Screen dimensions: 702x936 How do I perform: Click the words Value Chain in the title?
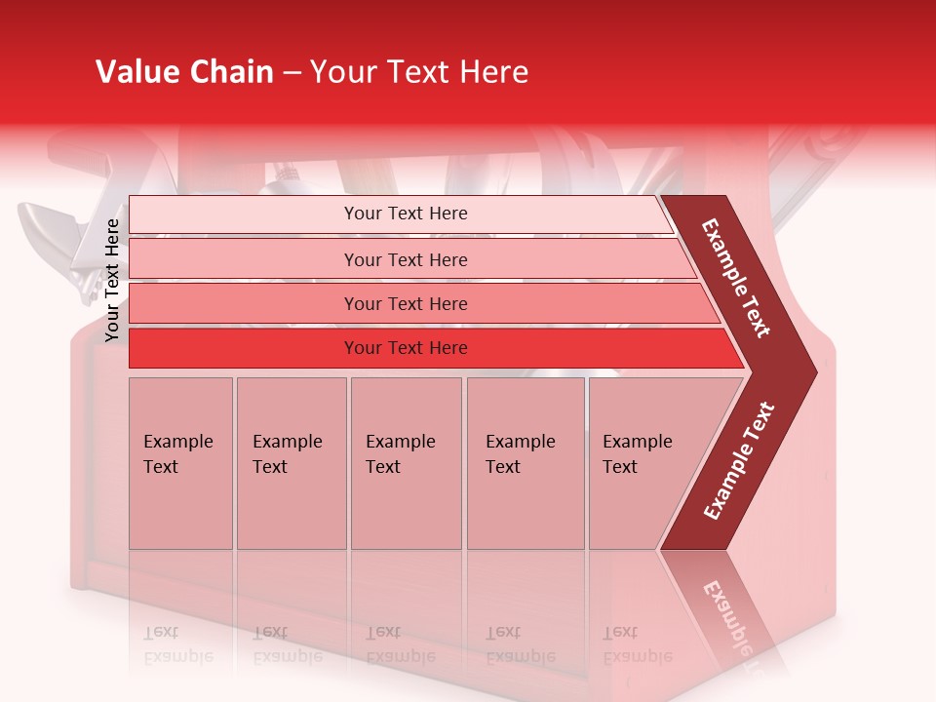(184, 72)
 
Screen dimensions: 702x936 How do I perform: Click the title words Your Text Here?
(419, 72)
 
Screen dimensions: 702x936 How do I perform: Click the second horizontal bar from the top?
(405, 259)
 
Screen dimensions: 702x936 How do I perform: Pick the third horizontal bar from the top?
(405, 303)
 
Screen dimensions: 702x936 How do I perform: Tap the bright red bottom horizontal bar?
(405, 348)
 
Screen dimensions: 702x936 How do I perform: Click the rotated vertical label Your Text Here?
(112, 280)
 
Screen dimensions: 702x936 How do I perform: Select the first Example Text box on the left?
(180, 463)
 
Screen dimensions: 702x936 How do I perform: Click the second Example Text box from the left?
(291, 463)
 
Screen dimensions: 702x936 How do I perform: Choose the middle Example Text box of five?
(406, 463)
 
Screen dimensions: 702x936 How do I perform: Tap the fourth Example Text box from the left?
(525, 463)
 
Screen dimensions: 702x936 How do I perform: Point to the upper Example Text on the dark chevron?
(736, 278)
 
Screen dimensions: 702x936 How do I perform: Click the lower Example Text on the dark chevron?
(739, 461)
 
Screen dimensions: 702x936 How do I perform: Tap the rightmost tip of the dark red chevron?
(814, 371)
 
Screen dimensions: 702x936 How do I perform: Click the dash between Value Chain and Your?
(292, 73)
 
